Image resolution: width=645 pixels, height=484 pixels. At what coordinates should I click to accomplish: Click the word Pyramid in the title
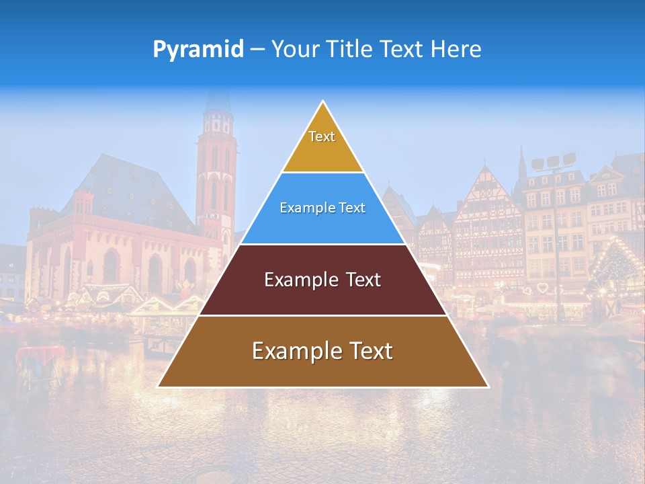(198, 50)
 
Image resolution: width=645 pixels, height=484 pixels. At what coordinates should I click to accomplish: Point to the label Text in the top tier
(322, 136)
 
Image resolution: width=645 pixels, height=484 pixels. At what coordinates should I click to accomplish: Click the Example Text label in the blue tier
(322, 208)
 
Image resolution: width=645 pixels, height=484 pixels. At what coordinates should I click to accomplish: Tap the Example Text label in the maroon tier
(322, 280)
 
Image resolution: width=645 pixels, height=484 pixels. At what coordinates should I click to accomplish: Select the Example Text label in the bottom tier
(322, 351)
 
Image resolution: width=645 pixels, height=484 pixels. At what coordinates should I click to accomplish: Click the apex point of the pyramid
(322, 102)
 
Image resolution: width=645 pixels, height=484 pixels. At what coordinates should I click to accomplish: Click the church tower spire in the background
(217, 101)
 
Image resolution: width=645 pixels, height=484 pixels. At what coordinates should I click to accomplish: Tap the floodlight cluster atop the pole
(554, 162)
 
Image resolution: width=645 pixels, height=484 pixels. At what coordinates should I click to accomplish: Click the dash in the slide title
(257, 50)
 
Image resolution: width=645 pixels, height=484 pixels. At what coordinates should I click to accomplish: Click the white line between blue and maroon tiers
(322, 244)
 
